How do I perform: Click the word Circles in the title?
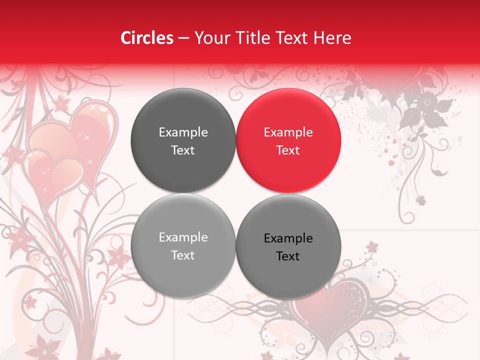(146, 38)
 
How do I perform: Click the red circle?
(288, 140)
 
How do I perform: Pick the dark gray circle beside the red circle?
(183, 140)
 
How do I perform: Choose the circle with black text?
(288, 246)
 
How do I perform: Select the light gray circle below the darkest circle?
(183, 245)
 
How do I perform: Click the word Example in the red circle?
(288, 132)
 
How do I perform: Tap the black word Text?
(288, 256)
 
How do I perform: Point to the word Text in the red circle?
(288, 150)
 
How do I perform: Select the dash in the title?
(183, 38)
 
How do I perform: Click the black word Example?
(288, 238)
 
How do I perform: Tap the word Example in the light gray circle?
(183, 237)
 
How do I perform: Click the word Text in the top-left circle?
(183, 150)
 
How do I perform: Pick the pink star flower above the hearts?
(62, 103)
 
